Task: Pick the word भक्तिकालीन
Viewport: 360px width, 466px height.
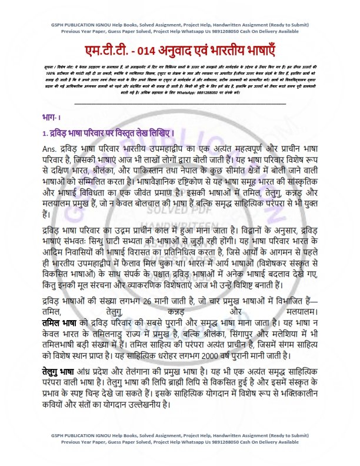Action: click(305, 395)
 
